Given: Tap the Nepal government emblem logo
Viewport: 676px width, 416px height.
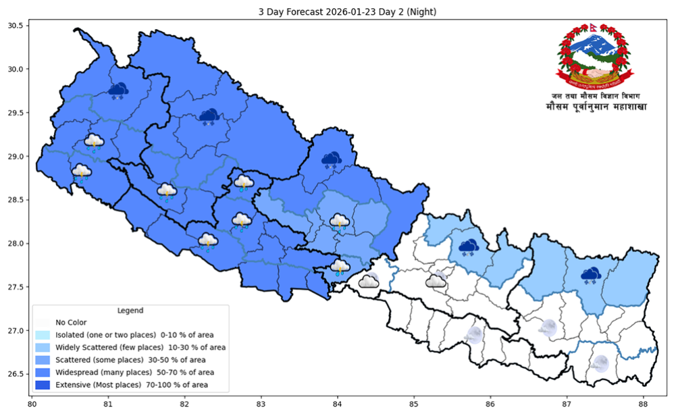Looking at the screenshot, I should pyautogui.click(x=595, y=57).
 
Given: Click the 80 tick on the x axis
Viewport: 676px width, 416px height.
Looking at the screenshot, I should pyautogui.click(x=32, y=405).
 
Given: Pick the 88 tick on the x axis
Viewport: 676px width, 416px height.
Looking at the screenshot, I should pyautogui.click(x=643, y=405).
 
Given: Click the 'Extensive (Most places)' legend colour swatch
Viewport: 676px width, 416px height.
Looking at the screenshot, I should pyautogui.click(x=44, y=385).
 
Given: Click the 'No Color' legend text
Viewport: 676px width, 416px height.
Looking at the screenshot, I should pyautogui.click(x=71, y=322).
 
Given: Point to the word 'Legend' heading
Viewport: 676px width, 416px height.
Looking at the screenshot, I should pyautogui.click(x=130, y=311).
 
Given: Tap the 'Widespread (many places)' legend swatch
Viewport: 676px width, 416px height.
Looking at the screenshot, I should pyautogui.click(x=44, y=372).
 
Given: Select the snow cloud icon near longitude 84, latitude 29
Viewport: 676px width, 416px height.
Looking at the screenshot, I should pyautogui.click(x=331, y=159).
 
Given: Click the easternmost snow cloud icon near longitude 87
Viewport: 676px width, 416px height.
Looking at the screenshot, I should pyautogui.click(x=591, y=274).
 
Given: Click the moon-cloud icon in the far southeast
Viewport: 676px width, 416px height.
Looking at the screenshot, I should pyautogui.click(x=598, y=363).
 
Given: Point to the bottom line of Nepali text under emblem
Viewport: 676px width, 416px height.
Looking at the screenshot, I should pyautogui.click(x=594, y=107).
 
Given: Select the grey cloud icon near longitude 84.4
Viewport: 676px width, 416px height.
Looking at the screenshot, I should pyautogui.click(x=368, y=281).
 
